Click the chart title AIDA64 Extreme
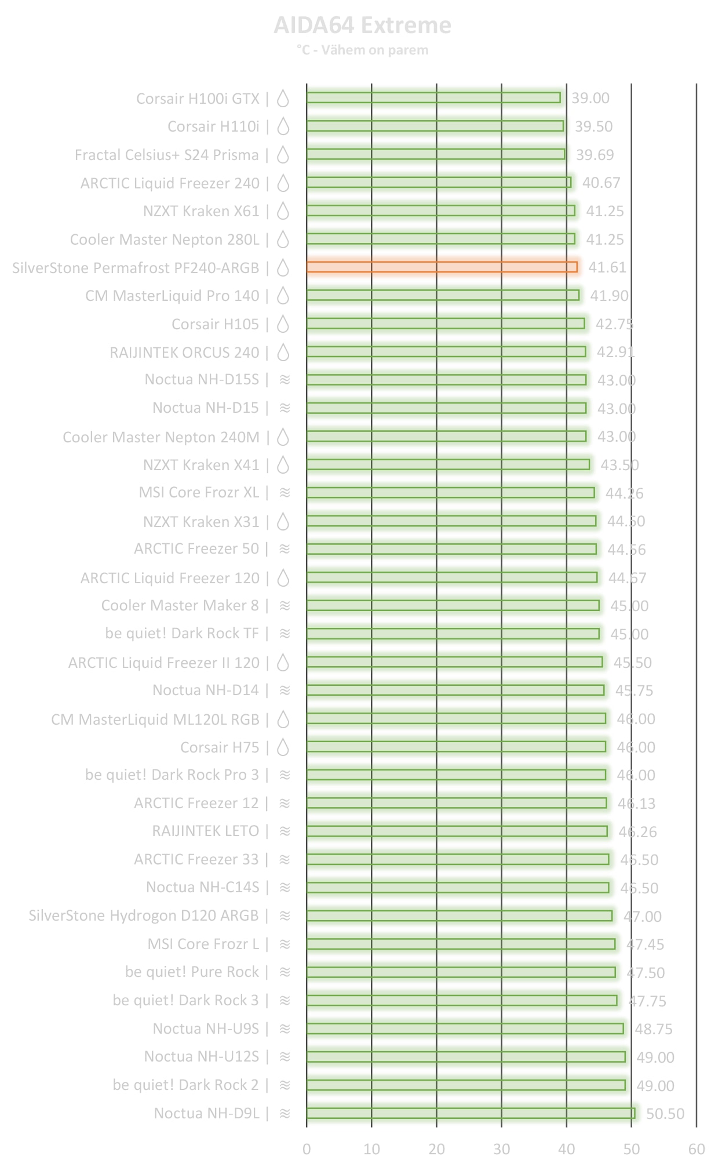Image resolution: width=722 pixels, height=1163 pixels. click(x=362, y=26)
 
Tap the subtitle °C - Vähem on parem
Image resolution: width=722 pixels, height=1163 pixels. click(x=362, y=50)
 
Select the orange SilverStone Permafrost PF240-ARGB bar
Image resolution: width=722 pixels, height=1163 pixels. click(x=442, y=267)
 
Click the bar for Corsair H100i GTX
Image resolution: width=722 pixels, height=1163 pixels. click(x=433, y=97)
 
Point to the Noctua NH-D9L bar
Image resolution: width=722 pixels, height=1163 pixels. click(x=471, y=1113)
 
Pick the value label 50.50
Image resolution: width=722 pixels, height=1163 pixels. click(x=665, y=1114)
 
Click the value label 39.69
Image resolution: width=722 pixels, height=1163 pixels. click(x=595, y=155)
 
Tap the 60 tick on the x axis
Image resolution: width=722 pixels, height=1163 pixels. click(x=697, y=1149)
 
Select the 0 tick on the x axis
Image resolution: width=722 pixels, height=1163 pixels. click(x=307, y=1149)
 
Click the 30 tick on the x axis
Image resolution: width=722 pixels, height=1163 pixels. click(x=502, y=1149)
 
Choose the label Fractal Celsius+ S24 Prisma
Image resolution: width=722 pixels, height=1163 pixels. click(x=166, y=155)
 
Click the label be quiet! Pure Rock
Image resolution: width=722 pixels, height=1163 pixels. click(x=192, y=972)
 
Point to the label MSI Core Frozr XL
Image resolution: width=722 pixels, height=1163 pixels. click(x=199, y=492)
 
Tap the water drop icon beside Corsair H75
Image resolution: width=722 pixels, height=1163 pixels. click(x=283, y=747)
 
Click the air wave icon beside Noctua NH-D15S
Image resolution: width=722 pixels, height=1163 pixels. click(x=285, y=379)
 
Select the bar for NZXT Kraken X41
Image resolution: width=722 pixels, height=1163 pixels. click(x=448, y=464)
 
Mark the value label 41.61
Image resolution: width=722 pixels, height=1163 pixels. click(x=607, y=267)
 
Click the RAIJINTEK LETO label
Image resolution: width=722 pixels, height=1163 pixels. click(x=205, y=831)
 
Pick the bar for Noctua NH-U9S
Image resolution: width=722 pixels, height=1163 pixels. click(x=465, y=1028)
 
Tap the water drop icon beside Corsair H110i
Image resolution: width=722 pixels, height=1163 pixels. click(x=283, y=126)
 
